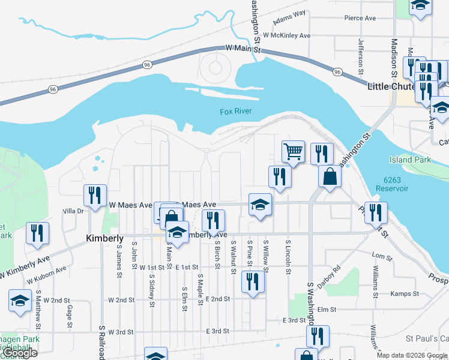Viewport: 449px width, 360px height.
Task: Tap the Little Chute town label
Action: tap(391, 86)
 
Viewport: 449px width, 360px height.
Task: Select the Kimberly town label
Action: tap(105, 238)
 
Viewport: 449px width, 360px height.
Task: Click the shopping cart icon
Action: tap(293, 152)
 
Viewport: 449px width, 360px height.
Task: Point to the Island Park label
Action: tap(409, 160)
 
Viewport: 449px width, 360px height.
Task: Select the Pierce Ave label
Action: tap(360, 18)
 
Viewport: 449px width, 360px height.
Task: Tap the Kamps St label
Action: tap(404, 293)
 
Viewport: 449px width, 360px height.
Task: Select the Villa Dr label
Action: tap(73, 211)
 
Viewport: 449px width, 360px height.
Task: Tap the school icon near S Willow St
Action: tap(260, 205)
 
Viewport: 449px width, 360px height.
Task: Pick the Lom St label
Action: tap(381, 257)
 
